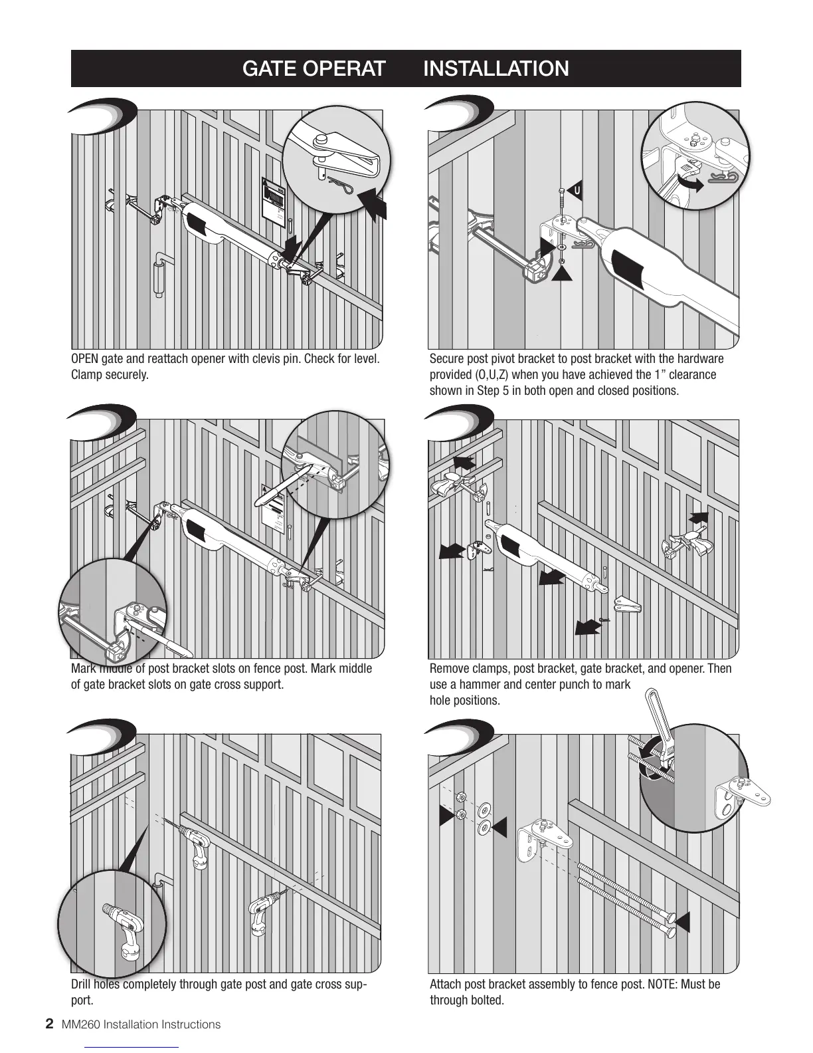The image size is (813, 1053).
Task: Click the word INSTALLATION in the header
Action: point(496,68)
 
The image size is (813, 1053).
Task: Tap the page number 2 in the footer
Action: point(48,1024)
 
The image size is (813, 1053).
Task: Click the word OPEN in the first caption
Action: point(84,359)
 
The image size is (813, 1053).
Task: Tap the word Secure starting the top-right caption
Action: point(447,359)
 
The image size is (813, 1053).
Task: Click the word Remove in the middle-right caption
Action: point(449,668)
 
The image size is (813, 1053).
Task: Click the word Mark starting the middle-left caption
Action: point(82,668)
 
